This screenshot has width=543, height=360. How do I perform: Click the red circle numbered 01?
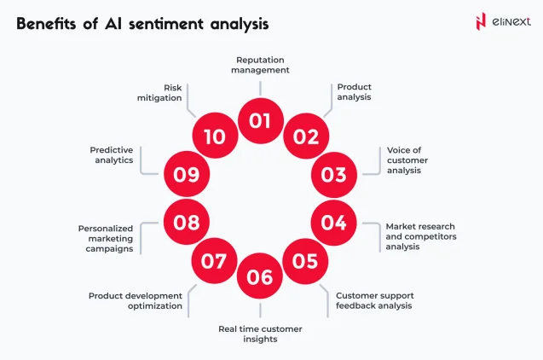pyautogui.click(x=260, y=121)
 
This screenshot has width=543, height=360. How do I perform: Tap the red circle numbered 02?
pyautogui.click(x=305, y=136)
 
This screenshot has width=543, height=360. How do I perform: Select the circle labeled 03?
pyautogui.click(x=333, y=175)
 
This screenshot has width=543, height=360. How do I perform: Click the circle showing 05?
pyautogui.click(x=305, y=260)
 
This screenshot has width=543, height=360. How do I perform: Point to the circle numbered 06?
pyautogui.click(x=260, y=276)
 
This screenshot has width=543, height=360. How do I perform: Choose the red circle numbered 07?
pyautogui.click(x=214, y=260)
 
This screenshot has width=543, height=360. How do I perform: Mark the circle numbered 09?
pyautogui.click(x=186, y=175)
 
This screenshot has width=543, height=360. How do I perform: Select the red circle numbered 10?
pyautogui.click(x=214, y=136)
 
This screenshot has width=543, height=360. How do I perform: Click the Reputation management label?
pyautogui.click(x=260, y=65)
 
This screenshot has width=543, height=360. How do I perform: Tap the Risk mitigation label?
pyautogui.click(x=162, y=92)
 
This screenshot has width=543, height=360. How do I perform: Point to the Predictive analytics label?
pyautogui.click(x=112, y=154)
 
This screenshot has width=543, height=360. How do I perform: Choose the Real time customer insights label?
pyautogui.click(x=260, y=333)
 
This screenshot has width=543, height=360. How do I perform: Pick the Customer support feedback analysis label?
pyautogui.click(x=374, y=300)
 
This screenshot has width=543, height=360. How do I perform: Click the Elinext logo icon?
pyautogui.click(x=481, y=21)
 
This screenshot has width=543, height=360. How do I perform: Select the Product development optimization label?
pyautogui.click(x=136, y=300)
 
